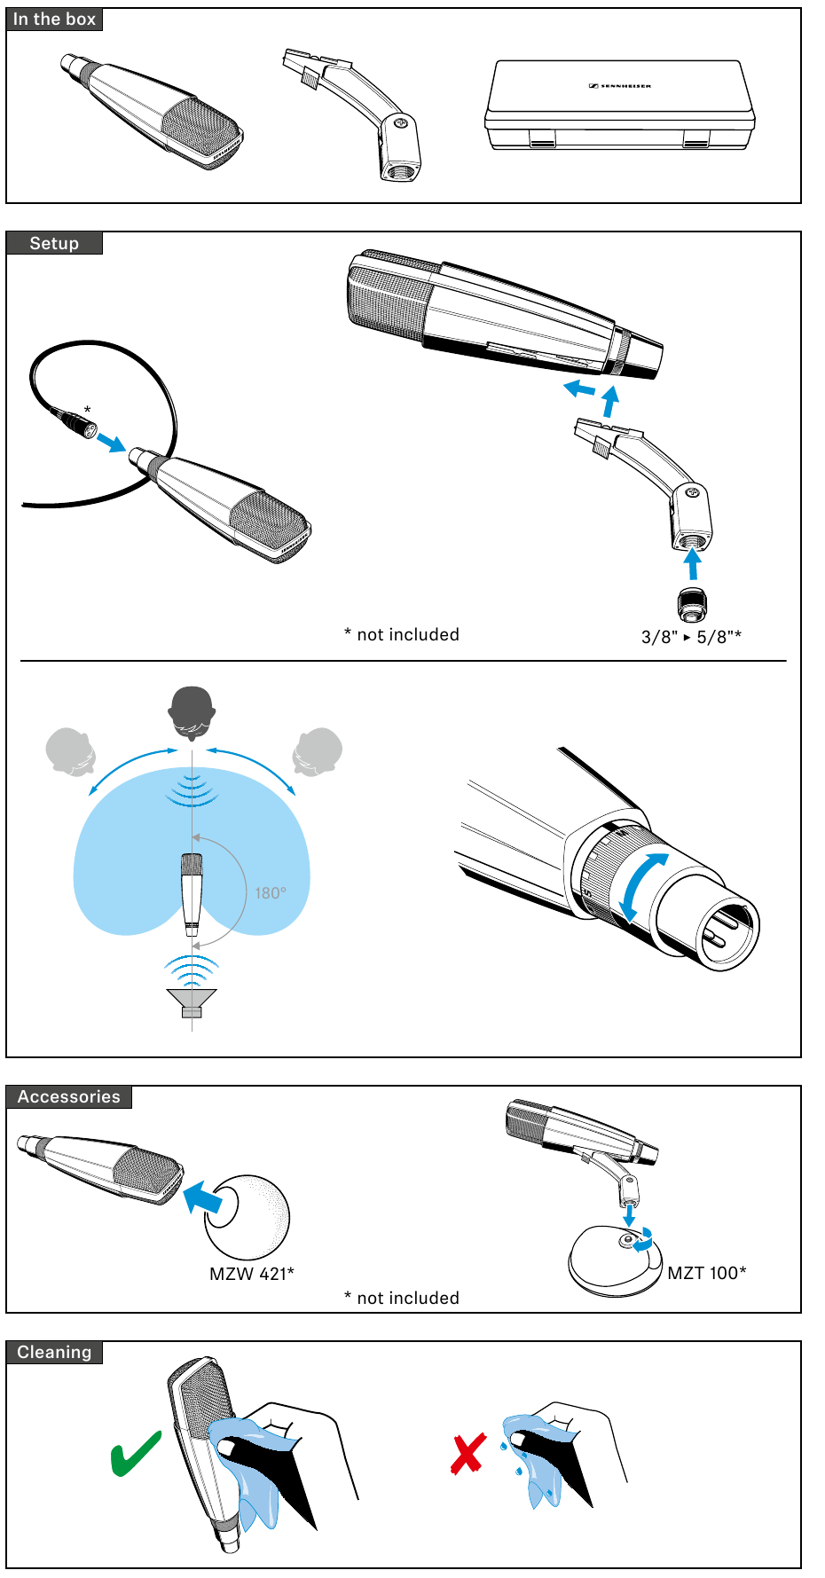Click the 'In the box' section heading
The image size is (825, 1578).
[x=54, y=20]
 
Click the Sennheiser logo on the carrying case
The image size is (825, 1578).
[x=620, y=86]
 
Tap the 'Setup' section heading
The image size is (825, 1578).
[x=54, y=243]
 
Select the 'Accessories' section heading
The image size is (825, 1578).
[x=68, y=1096]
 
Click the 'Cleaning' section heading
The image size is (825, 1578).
[x=54, y=1352]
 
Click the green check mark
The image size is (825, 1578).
[x=135, y=1455]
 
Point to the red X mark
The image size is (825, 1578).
[x=468, y=1454]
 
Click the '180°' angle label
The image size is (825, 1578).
[x=271, y=893]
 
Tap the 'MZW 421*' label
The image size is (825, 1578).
[x=251, y=1274]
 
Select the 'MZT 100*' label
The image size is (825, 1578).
[x=706, y=1273]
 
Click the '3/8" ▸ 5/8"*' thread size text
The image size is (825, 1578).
[x=691, y=637]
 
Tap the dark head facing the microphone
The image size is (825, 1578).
[x=192, y=711]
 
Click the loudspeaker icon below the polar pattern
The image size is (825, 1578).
[x=192, y=1001]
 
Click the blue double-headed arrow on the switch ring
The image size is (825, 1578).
[x=643, y=887]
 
